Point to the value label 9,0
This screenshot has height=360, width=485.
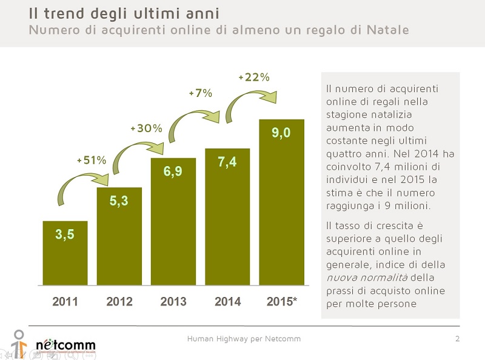tap(281, 133)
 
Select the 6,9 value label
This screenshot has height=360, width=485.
tap(173, 172)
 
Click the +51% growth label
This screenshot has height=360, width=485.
tap(92, 160)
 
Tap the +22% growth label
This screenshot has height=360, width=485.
tap(253, 78)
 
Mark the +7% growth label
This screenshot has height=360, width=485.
tap(200, 93)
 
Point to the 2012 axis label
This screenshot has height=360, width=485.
tap(119, 301)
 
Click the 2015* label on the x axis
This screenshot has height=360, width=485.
tap(282, 301)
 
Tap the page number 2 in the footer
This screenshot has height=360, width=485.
tap(457, 338)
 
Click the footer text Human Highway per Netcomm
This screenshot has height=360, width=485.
tap(244, 338)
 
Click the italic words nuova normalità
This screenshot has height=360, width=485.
tap(369, 278)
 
